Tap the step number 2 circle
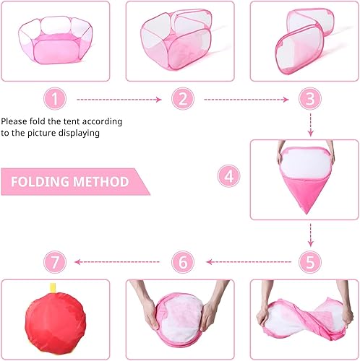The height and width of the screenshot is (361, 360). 183,99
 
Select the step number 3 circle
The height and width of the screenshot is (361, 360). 310,99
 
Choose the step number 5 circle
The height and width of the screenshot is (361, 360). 310,261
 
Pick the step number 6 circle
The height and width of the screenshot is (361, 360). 183,261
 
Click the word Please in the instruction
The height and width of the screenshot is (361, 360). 16,121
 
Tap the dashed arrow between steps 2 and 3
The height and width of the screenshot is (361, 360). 247,99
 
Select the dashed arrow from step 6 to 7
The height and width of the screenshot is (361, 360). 119,261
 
